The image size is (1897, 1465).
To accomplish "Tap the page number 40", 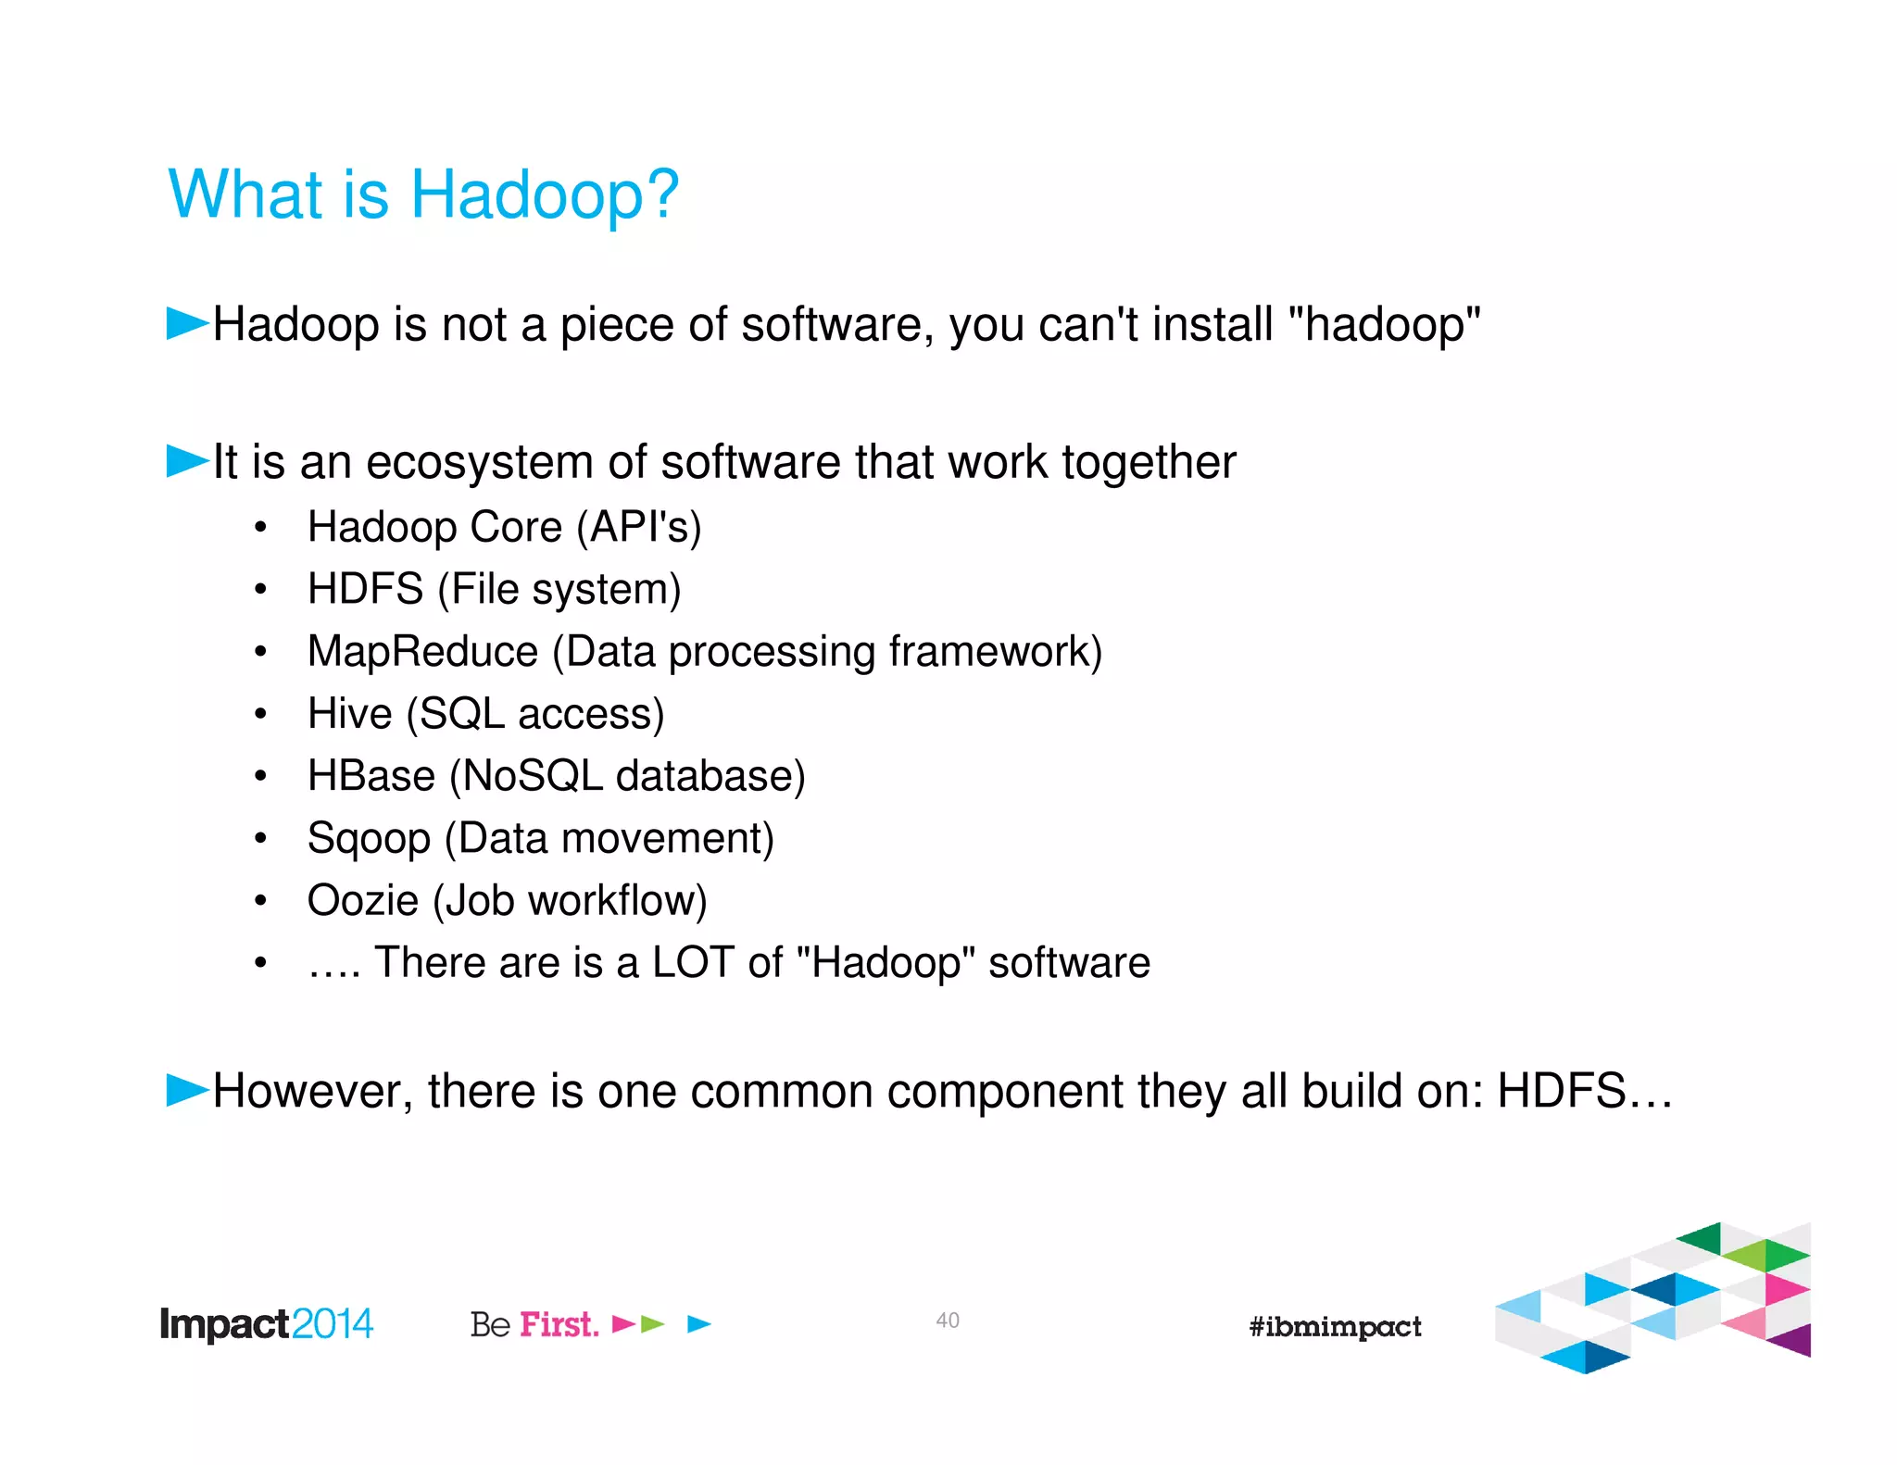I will tap(947, 1321).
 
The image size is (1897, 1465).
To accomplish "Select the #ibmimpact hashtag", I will tap(1335, 1326).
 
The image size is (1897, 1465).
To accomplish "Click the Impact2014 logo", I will tap(267, 1324).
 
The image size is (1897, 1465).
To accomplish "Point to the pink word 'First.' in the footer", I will tap(559, 1324).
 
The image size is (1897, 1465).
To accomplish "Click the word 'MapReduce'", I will tap(422, 651).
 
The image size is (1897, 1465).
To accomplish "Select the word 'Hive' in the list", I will tap(350, 714).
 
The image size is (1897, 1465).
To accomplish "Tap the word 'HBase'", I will tap(371, 776).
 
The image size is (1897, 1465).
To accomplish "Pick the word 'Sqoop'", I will tap(369, 839).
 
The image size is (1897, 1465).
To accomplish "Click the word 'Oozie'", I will tap(362, 900).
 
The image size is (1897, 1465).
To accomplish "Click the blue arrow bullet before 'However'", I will tap(187, 1090).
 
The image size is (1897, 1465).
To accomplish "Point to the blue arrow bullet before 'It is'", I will tap(187, 460).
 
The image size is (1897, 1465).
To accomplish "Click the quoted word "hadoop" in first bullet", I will tap(1385, 324).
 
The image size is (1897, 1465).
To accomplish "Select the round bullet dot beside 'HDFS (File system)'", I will tap(261, 589).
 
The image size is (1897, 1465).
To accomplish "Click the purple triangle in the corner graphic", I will tap(1793, 1340).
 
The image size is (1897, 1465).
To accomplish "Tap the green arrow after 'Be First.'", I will tap(653, 1324).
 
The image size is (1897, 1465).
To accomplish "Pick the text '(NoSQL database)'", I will tap(627, 776).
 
